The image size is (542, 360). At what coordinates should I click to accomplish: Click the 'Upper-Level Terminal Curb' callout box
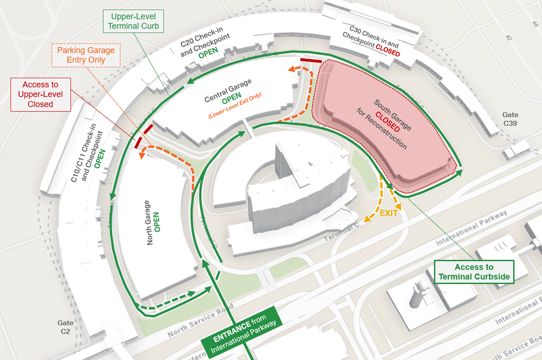point(133,21)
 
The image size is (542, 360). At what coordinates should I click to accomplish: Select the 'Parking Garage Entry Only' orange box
point(86,55)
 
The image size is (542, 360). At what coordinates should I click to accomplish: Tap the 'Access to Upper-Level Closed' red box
point(40,95)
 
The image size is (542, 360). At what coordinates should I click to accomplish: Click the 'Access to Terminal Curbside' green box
point(474,272)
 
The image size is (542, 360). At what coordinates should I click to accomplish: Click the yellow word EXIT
point(389,213)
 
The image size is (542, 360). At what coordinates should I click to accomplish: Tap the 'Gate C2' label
point(65,327)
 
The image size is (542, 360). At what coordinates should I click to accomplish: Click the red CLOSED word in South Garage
point(387,121)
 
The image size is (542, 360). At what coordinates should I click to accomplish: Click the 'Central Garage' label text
point(228,91)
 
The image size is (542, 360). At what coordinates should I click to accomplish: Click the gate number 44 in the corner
point(535,23)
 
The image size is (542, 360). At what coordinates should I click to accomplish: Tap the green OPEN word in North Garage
point(157,222)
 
